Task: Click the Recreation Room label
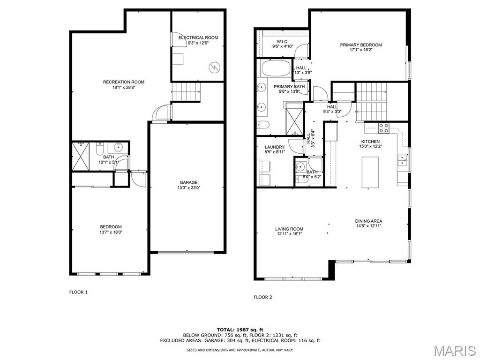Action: pos(124,82)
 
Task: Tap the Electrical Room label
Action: pos(198,37)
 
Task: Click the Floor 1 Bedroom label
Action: pos(111,227)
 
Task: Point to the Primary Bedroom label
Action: pos(361,45)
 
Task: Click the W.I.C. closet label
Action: pos(283,41)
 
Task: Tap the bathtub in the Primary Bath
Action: pos(275,68)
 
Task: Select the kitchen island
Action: pos(371,172)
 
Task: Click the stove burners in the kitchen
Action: pos(384,127)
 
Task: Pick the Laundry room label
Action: pos(275,147)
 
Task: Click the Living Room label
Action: pos(289,229)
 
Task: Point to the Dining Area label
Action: pos(368,221)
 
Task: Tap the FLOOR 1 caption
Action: pos(78,292)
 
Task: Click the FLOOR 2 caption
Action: pos(263,297)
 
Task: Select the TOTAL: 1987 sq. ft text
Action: pos(240,330)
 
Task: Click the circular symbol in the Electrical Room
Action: pos(214,67)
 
